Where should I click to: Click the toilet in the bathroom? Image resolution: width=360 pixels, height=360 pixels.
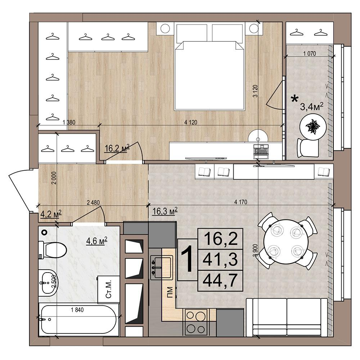click(x=53, y=250)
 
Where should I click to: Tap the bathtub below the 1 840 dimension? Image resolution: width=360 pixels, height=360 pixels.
click(x=78, y=319)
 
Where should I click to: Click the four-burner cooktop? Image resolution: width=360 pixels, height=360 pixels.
click(x=195, y=322)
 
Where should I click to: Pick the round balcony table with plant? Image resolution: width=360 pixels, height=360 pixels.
click(x=313, y=127)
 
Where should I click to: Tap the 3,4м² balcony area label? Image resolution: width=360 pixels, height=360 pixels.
click(x=312, y=107)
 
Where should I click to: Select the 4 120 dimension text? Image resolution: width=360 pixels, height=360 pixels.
click(x=191, y=122)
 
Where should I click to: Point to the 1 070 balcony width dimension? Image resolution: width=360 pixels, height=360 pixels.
click(x=310, y=54)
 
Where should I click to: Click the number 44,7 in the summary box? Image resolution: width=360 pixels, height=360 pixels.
click(x=220, y=280)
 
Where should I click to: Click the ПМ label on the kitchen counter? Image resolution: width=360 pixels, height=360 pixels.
click(x=170, y=292)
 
